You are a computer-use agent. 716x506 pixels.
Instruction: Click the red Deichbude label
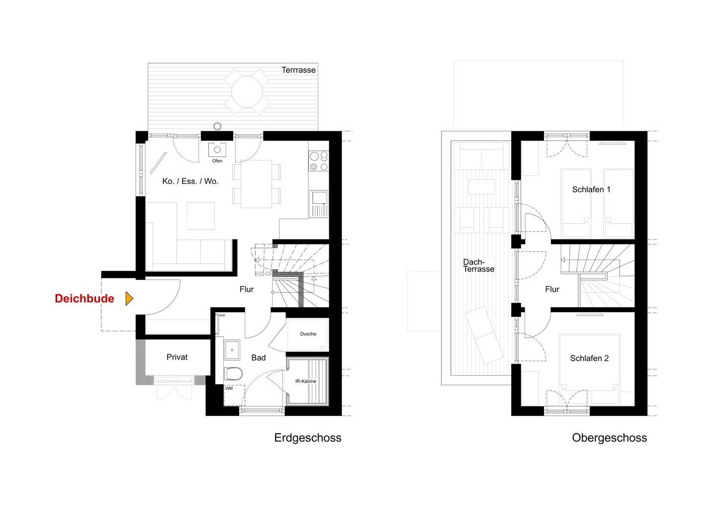pos(85,299)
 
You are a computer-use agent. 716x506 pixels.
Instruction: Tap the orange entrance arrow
pos(129,299)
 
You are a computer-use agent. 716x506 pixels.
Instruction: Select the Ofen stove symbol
pos(217,150)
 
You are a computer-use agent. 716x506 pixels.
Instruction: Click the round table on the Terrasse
pos(247,92)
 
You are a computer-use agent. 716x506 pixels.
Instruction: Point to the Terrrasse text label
pos(298,70)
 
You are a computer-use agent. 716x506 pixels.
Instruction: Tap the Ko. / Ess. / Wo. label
pos(190,181)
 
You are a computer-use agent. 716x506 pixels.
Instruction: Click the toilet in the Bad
pos(233,373)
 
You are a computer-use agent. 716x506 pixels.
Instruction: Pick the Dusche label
pos(308,334)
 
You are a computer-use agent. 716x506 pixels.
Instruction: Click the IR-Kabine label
pos(306,381)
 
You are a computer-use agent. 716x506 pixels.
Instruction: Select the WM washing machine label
pos(229,388)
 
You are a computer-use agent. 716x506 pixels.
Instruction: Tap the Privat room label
pos(177,357)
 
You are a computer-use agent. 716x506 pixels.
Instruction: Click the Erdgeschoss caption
pos(308,437)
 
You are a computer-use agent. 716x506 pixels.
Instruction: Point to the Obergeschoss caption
pos(610,437)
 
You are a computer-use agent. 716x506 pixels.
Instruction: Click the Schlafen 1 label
pos(591,189)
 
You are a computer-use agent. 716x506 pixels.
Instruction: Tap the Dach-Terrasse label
pos(478,265)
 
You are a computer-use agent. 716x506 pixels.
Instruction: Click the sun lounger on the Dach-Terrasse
pos(484,335)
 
